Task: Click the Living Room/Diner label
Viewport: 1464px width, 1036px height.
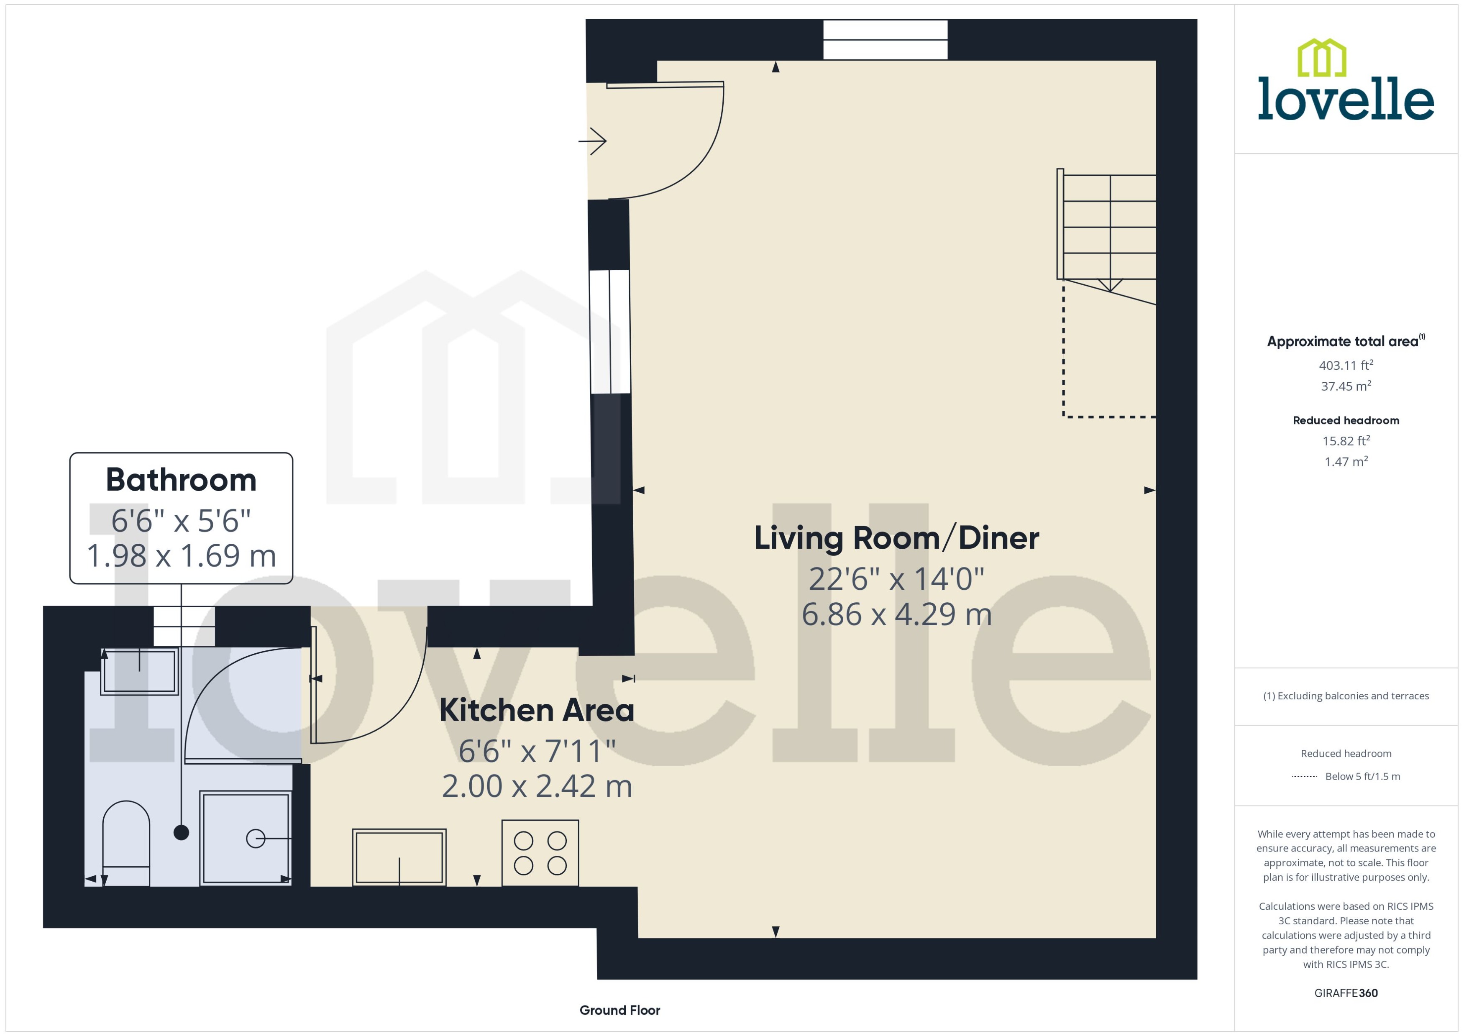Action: pyautogui.click(x=896, y=538)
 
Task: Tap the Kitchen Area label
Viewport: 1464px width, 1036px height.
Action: pyautogui.click(x=537, y=710)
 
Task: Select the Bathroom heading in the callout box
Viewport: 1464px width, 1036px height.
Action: pyautogui.click(x=181, y=480)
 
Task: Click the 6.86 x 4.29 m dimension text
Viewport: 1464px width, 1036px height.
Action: pyautogui.click(x=896, y=615)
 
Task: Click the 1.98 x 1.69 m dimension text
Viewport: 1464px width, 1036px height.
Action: pyautogui.click(x=181, y=555)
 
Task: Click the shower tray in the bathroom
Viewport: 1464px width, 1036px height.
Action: pyautogui.click(x=246, y=838)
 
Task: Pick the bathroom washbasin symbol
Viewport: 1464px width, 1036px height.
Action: pyautogui.click(x=139, y=672)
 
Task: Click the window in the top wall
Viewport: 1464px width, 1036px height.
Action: pyautogui.click(x=885, y=40)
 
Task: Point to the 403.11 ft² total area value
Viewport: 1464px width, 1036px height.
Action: pyautogui.click(x=1345, y=366)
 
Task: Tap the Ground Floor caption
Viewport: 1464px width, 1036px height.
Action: pyautogui.click(x=619, y=1010)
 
